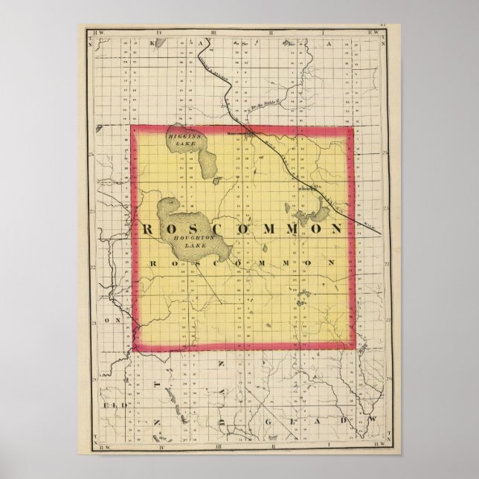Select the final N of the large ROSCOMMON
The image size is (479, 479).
tap(336, 228)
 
